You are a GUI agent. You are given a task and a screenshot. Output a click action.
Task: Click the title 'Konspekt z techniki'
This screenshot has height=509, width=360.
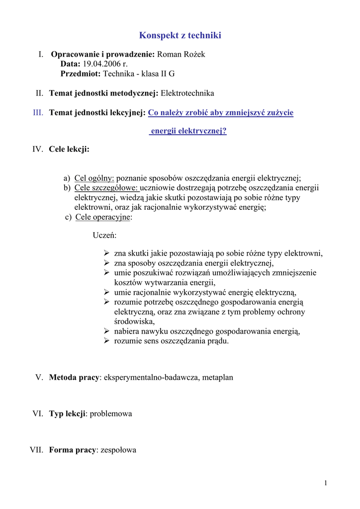point(180,35)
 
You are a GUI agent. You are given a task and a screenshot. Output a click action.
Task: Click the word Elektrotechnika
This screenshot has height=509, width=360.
point(187,93)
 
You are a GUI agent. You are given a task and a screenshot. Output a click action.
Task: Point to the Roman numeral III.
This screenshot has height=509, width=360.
point(38,113)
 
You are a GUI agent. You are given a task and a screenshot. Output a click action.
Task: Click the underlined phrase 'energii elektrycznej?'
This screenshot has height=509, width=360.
point(188,131)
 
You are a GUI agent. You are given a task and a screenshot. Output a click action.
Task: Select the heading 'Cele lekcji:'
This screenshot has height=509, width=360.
point(69,149)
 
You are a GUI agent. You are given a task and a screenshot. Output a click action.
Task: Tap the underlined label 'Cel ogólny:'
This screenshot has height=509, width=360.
point(94,178)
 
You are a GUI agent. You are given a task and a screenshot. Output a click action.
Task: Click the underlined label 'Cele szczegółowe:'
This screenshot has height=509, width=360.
point(107,188)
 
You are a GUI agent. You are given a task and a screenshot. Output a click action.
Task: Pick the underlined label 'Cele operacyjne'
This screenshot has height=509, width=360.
point(103,217)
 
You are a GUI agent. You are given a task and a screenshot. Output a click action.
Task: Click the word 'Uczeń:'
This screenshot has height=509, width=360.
point(104,236)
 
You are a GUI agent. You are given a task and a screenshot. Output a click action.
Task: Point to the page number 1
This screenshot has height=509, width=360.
point(325,483)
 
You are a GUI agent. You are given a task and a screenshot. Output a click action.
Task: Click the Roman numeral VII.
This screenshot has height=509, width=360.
point(36,450)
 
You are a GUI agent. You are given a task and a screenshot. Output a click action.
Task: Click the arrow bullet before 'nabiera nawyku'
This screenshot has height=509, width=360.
point(106,331)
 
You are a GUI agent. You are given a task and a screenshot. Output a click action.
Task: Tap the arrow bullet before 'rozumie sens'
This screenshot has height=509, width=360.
point(106,340)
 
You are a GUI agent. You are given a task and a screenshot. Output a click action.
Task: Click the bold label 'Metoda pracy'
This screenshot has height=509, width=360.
point(74,377)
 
